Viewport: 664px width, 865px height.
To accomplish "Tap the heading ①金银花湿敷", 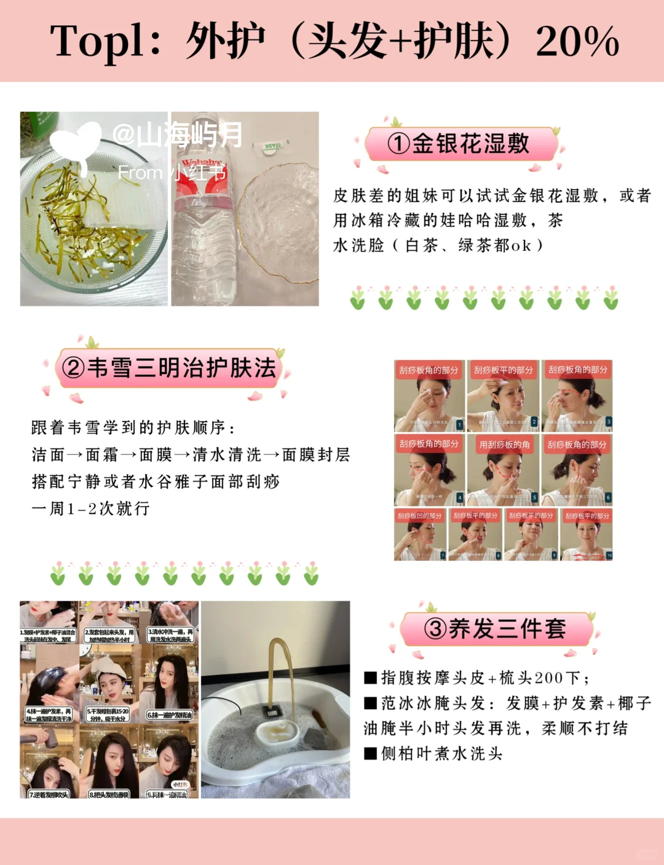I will click(461, 144).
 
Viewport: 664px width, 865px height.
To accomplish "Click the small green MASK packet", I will click(271, 147).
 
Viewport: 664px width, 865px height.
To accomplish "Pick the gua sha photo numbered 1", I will click(429, 396).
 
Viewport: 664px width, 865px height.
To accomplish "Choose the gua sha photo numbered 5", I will click(503, 470).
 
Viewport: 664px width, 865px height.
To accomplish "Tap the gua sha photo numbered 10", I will click(587, 534).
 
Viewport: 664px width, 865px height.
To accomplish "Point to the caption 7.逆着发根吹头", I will click(49, 794).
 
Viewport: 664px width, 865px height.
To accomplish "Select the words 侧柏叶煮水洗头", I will click(441, 754).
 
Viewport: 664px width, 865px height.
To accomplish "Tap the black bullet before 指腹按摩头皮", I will click(370, 678).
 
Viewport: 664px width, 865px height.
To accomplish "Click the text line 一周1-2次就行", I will click(90, 509).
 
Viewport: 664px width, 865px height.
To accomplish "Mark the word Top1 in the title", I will click(98, 42).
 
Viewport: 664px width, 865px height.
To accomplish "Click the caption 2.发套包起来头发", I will click(109, 635).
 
